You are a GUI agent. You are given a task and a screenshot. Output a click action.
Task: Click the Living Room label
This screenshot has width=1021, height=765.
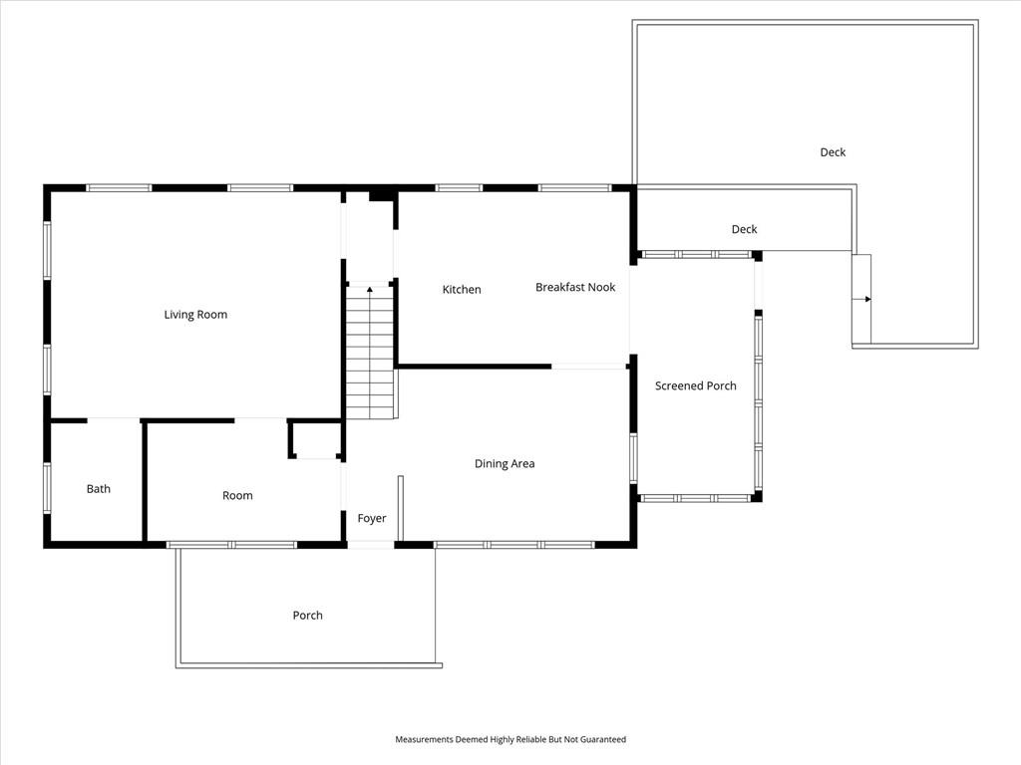(195, 315)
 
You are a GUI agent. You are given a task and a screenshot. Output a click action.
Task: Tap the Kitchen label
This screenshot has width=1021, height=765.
(462, 290)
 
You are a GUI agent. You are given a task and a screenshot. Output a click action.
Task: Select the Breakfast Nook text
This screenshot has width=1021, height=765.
(575, 287)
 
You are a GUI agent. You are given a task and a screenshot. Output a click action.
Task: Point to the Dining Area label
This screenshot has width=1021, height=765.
(505, 464)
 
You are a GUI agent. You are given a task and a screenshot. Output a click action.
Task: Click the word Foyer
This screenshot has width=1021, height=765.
(372, 518)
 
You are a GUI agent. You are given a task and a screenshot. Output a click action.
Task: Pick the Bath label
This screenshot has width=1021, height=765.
(99, 489)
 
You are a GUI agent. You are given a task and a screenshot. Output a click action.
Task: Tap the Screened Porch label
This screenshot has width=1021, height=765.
(695, 385)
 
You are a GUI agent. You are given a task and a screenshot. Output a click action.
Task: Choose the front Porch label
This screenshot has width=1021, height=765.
(307, 616)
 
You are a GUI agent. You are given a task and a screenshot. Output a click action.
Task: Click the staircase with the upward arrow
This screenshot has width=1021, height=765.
(370, 352)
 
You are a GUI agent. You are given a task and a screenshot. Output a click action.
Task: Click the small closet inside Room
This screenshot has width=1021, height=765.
(316, 439)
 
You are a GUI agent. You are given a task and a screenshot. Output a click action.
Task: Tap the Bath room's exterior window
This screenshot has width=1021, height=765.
(47, 487)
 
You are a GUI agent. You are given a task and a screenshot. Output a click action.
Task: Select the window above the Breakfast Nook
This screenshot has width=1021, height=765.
(575, 188)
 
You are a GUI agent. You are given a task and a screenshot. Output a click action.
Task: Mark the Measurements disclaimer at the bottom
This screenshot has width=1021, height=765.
(510, 740)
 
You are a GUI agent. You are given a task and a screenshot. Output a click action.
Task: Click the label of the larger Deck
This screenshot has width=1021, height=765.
(833, 152)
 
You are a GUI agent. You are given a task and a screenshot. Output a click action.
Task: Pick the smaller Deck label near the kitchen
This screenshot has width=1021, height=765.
(744, 230)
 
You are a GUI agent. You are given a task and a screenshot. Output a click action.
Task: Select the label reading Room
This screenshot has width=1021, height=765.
(237, 496)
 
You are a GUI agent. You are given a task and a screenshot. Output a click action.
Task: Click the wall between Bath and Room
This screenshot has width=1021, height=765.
(145, 481)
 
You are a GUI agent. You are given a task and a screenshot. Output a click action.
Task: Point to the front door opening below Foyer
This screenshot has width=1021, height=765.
(371, 545)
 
